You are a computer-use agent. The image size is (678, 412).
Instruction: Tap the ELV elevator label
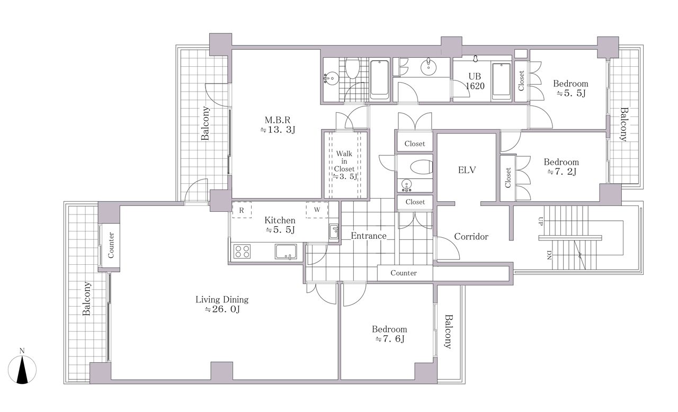coord(467,170)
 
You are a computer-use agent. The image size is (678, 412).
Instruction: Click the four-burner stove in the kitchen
coord(242,252)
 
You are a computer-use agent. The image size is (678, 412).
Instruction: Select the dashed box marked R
coord(242,210)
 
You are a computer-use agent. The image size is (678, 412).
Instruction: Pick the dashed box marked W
coord(317,210)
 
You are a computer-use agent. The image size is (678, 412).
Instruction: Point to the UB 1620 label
coord(475,81)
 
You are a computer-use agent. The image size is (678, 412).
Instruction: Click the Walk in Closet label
coord(344,161)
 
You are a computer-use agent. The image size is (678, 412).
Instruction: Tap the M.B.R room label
coord(278,120)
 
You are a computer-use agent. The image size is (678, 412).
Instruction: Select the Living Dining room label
coord(222,300)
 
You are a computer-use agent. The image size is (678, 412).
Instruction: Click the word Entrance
coord(369,236)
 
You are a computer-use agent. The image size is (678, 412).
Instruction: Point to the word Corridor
coord(471,237)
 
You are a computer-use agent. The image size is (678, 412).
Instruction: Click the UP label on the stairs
coord(541,221)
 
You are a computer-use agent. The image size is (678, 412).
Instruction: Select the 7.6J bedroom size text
coord(390,339)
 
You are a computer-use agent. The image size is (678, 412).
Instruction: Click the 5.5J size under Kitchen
coord(280,230)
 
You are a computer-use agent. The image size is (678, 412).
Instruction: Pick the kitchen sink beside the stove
coord(286,252)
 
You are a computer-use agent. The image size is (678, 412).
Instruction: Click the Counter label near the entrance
coord(404,273)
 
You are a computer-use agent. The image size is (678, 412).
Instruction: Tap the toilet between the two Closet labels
coord(421,167)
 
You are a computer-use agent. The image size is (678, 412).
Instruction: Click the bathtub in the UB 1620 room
coord(502,81)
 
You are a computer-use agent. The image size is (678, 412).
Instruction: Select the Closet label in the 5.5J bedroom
coord(521,81)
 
